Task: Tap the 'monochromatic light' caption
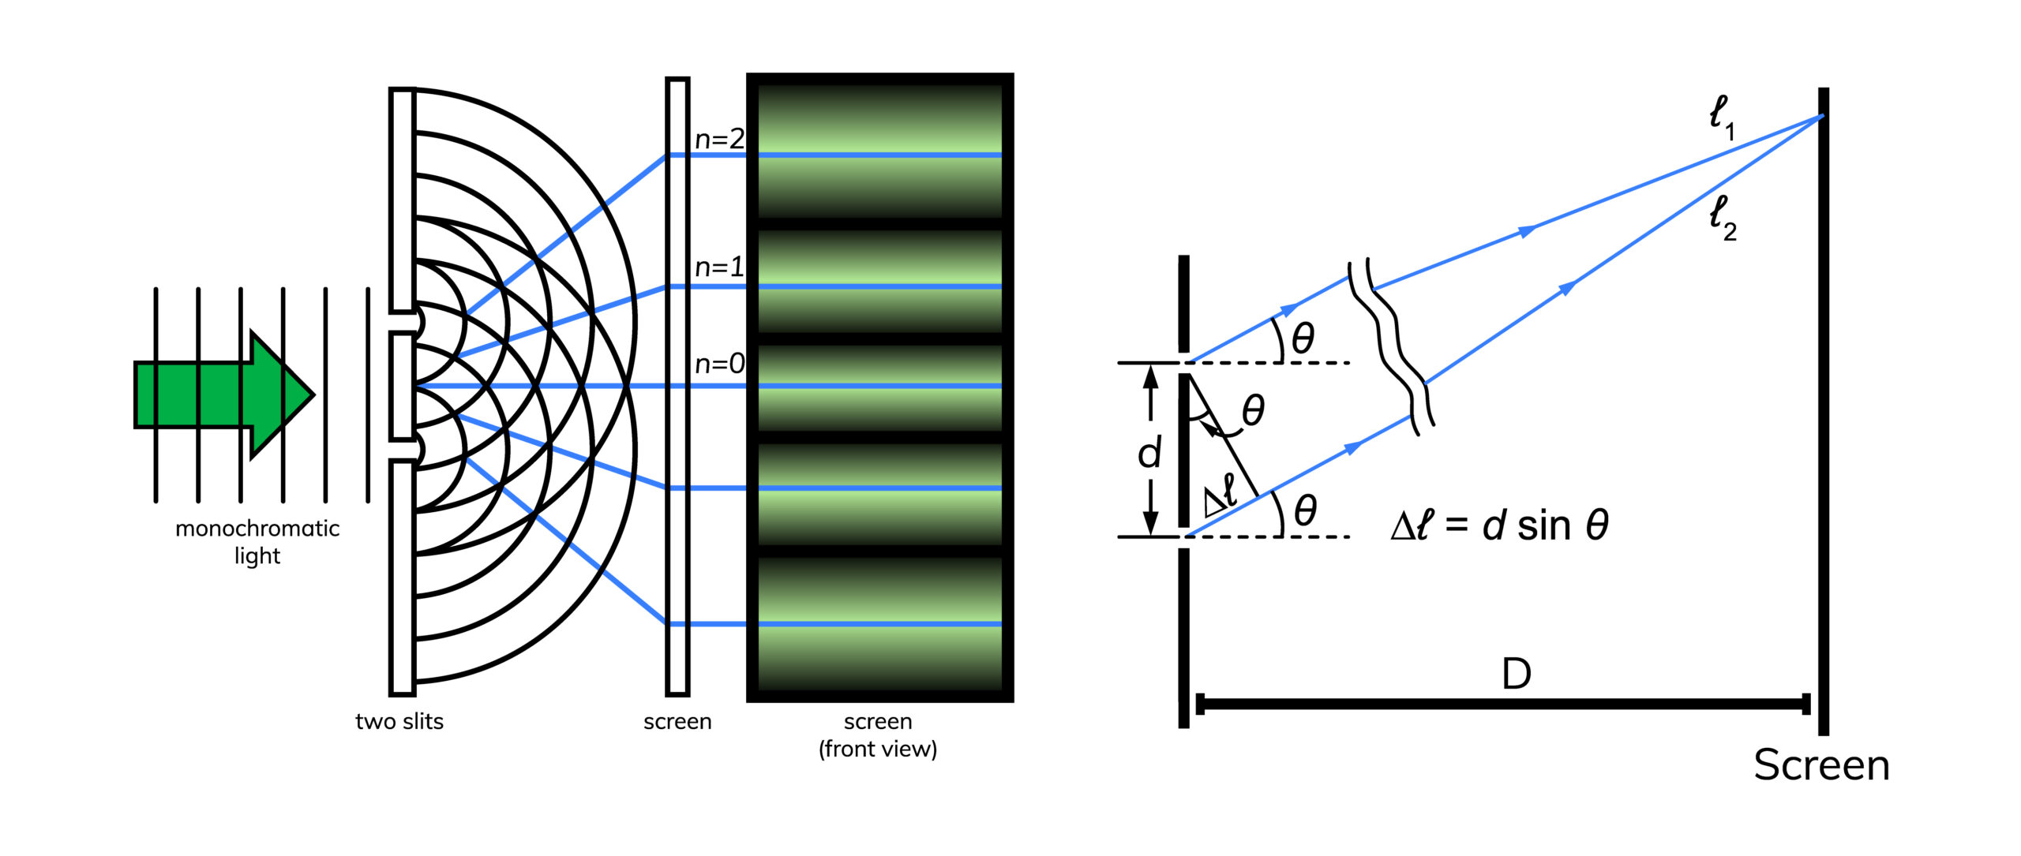tap(257, 542)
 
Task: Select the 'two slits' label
tap(399, 722)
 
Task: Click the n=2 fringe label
tap(719, 140)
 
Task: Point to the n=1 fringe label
tap(719, 267)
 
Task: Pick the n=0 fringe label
tap(719, 364)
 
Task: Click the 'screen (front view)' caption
tap(878, 735)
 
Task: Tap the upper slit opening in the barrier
tap(404, 322)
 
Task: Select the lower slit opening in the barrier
tap(404, 450)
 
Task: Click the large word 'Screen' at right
tap(1821, 765)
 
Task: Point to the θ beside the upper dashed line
tap(1303, 338)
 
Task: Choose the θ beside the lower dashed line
tap(1305, 510)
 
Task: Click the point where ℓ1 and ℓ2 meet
tap(1822, 117)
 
